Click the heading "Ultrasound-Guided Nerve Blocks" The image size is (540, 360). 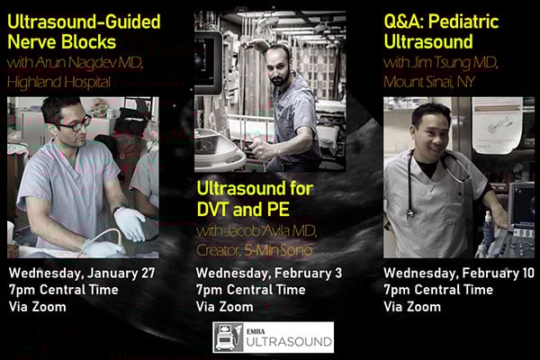click(x=84, y=31)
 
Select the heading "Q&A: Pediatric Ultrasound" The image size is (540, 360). click(x=441, y=31)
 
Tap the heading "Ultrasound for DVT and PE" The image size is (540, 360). click(x=255, y=199)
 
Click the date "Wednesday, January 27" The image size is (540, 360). click(x=82, y=273)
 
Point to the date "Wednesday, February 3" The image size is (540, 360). click(x=269, y=273)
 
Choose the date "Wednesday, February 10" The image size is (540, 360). click(x=459, y=273)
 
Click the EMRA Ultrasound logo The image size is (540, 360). click(x=273, y=337)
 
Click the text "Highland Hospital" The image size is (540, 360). click(x=58, y=82)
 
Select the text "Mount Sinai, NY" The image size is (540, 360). click(x=429, y=82)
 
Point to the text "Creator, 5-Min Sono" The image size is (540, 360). click(x=255, y=250)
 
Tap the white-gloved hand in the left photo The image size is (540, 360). click(x=130, y=224)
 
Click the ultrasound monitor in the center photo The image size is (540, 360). click(x=208, y=63)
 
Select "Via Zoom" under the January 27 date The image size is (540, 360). click(x=38, y=307)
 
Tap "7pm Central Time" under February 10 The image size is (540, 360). click(x=438, y=290)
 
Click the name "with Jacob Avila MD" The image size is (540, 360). click(x=256, y=231)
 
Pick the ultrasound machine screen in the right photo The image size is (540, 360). click(x=522, y=207)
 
